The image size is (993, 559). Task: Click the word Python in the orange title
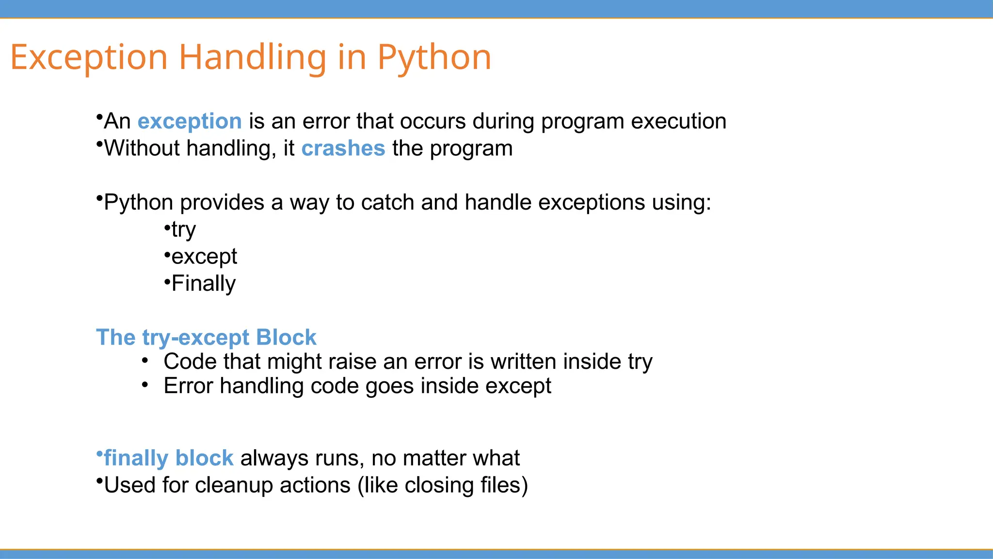tap(434, 58)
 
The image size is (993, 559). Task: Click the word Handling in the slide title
tap(252, 58)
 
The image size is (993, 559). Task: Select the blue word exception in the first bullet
tap(190, 121)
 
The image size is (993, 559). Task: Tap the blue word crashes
tap(343, 148)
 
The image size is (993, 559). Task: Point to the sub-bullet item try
tap(183, 230)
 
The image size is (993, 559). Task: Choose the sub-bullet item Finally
tap(203, 283)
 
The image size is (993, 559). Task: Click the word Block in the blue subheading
tap(286, 337)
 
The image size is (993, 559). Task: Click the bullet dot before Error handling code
tap(145, 385)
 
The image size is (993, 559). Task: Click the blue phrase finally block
tap(168, 459)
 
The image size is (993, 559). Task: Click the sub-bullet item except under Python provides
tap(204, 257)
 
